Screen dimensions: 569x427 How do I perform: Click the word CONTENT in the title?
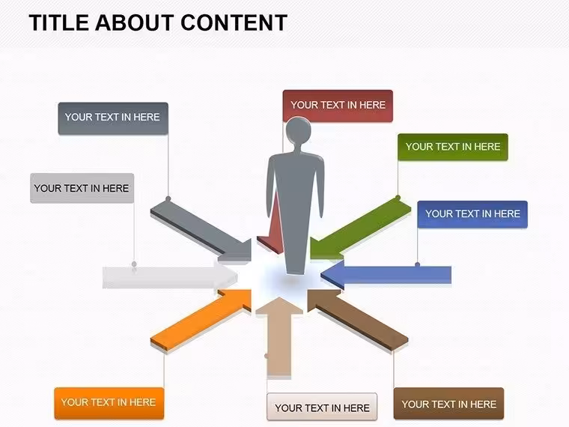(234, 22)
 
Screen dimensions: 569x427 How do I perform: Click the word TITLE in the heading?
(59, 22)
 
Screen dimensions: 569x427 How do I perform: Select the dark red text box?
(338, 106)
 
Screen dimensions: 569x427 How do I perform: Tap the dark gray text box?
(113, 118)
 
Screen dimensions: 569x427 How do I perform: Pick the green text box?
(452, 147)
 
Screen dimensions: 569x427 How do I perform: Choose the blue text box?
(472, 214)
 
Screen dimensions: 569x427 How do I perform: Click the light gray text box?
(82, 188)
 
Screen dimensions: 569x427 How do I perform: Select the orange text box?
(109, 403)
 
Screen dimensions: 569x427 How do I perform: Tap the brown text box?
(448, 403)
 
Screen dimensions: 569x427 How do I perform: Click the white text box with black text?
(322, 407)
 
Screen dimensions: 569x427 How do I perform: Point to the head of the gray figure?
(298, 130)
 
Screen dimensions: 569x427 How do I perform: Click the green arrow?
(360, 228)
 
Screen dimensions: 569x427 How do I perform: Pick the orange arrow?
(201, 320)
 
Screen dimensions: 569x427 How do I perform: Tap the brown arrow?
(358, 320)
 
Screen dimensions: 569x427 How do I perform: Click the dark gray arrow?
(201, 230)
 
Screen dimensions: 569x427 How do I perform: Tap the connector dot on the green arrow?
(398, 198)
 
